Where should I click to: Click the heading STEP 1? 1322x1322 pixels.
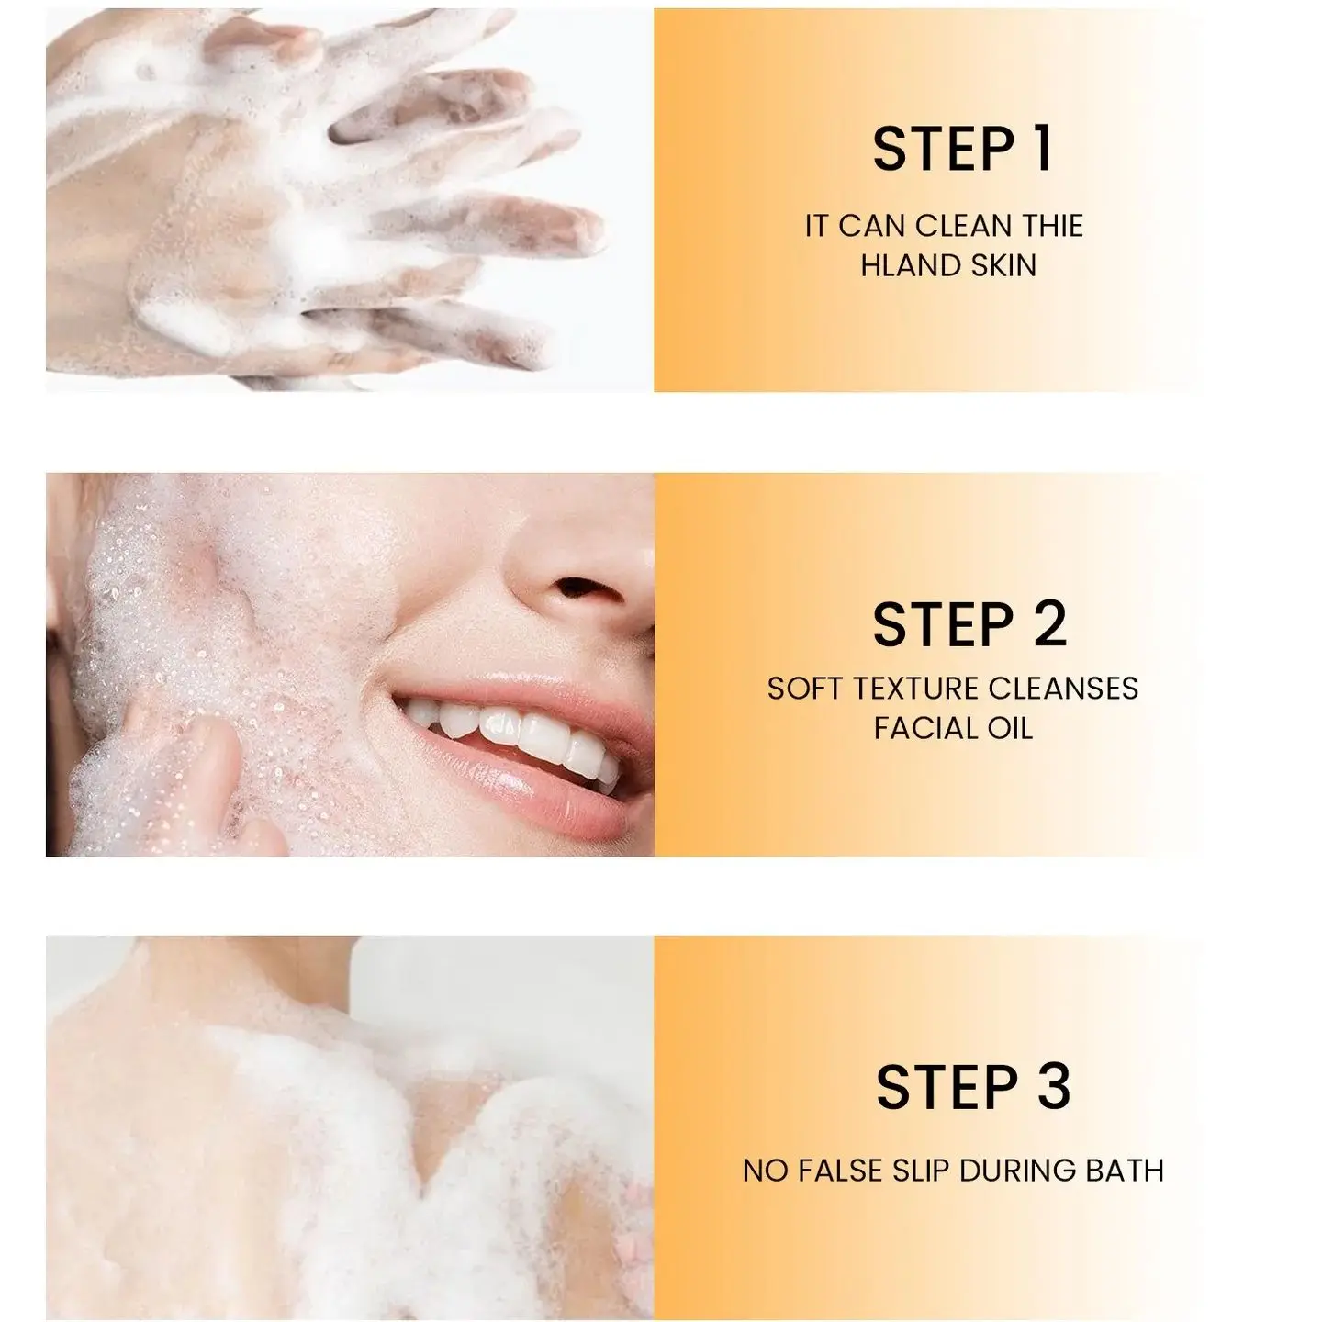(962, 149)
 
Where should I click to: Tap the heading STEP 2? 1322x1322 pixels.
(969, 625)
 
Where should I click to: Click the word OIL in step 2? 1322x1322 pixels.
(1010, 729)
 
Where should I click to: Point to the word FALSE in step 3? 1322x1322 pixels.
(843, 1171)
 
